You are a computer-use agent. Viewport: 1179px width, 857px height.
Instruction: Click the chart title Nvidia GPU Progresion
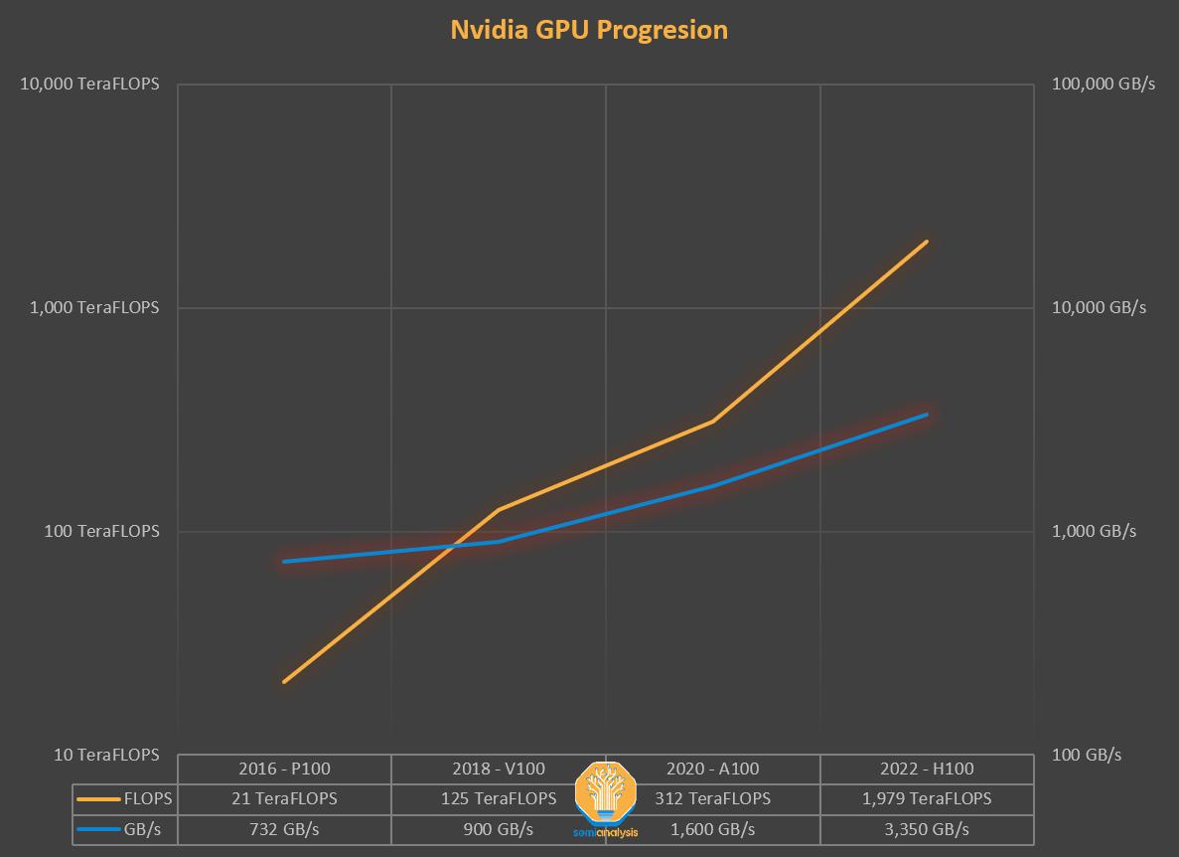(589, 30)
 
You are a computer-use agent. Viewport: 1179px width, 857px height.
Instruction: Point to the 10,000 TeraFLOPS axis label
(90, 84)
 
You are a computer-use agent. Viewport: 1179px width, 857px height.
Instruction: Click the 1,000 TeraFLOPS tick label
(94, 307)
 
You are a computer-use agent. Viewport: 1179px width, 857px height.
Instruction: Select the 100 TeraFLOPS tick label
(102, 531)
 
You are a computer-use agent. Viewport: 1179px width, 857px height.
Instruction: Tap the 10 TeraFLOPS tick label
(106, 755)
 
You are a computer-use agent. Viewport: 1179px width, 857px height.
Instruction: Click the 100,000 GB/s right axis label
(1103, 84)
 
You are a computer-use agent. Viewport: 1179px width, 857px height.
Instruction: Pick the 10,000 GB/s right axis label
(1099, 307)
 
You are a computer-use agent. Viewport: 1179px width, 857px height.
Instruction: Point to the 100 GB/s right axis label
(1087, 755)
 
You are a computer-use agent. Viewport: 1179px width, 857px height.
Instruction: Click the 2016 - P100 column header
(284, 768)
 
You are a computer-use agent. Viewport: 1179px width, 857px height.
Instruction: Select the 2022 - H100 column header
(927, 768)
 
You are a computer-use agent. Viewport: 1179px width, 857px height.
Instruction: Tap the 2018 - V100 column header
(499, 768)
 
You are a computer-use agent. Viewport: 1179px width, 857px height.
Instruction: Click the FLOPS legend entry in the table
(125, 798)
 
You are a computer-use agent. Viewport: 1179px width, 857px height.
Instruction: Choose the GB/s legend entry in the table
(125, 829)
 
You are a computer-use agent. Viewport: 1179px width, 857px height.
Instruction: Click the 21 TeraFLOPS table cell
(284, 798)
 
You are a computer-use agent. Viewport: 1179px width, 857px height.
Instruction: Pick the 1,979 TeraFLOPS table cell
(927, 798)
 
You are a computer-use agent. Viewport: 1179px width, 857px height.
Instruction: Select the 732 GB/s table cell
(284, 829)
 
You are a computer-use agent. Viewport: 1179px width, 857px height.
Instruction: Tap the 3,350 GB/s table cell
(927, 829)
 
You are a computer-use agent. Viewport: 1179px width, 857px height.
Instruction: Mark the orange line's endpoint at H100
(927, 242)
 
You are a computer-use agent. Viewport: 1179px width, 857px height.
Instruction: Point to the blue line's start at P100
(284, 562)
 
